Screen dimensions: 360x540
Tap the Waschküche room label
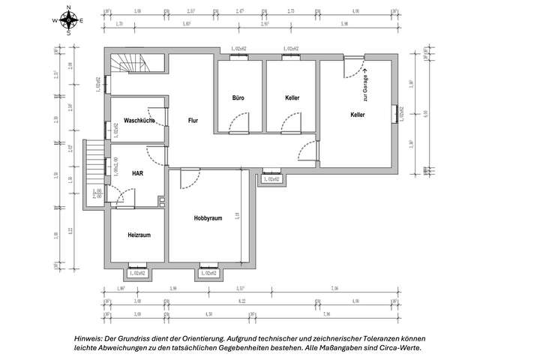[139, 120]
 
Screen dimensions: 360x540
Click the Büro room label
[238, 98]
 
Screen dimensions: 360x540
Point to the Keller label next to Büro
[292, 98]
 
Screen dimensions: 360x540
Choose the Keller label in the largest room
[358, 115]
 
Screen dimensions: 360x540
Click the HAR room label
[137, 173]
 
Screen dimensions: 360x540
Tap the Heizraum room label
[139, 235]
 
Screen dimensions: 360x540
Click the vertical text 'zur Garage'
[365, 88]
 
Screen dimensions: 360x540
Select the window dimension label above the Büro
[239, 49]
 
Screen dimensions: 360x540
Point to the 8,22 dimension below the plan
[241, 301]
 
